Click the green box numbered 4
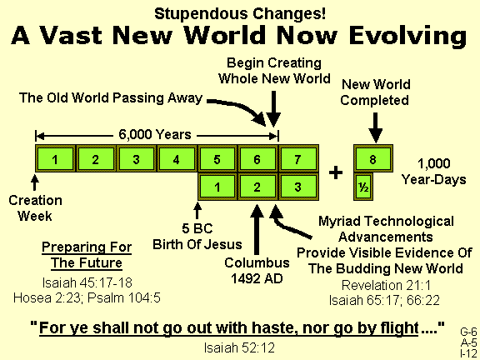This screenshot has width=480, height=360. tap(177, 158)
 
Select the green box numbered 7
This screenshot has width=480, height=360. tap(299, 158)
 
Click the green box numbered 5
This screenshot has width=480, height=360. tap(217, 158)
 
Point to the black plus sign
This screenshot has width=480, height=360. tap(336, 173)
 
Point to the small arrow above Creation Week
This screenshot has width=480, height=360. tap(35, 182)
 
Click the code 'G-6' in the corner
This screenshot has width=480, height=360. tap(467, 330)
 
